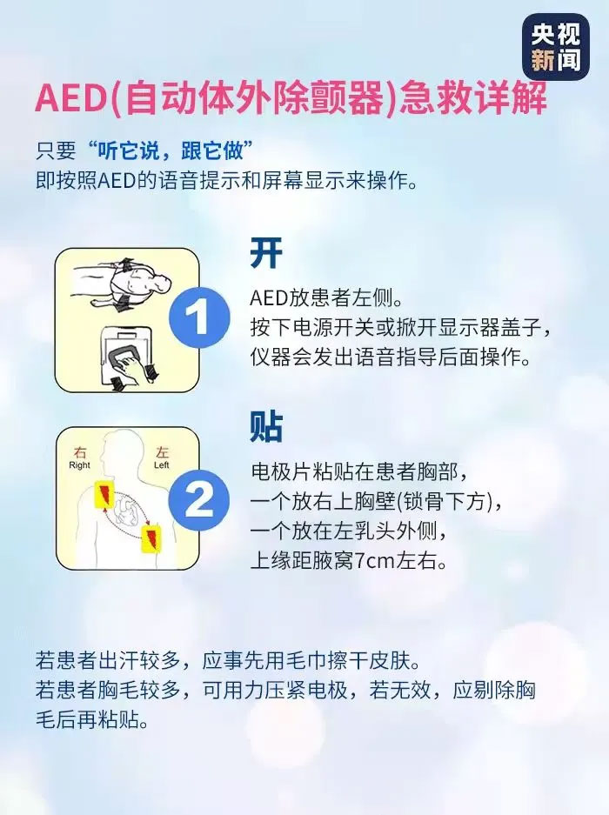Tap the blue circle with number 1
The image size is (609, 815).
tap(198, 317)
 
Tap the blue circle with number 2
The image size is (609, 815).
tap(198, 500)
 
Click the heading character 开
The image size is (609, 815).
tap(266, 253)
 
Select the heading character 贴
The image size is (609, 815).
tap(266, 427)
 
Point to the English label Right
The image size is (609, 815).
tap(79, 465)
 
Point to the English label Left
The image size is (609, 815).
tap(161, 465)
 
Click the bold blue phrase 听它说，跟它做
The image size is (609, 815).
tap(171, 150)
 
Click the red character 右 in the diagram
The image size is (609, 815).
tap(79, 452)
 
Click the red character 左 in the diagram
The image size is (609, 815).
tap(162, 452)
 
